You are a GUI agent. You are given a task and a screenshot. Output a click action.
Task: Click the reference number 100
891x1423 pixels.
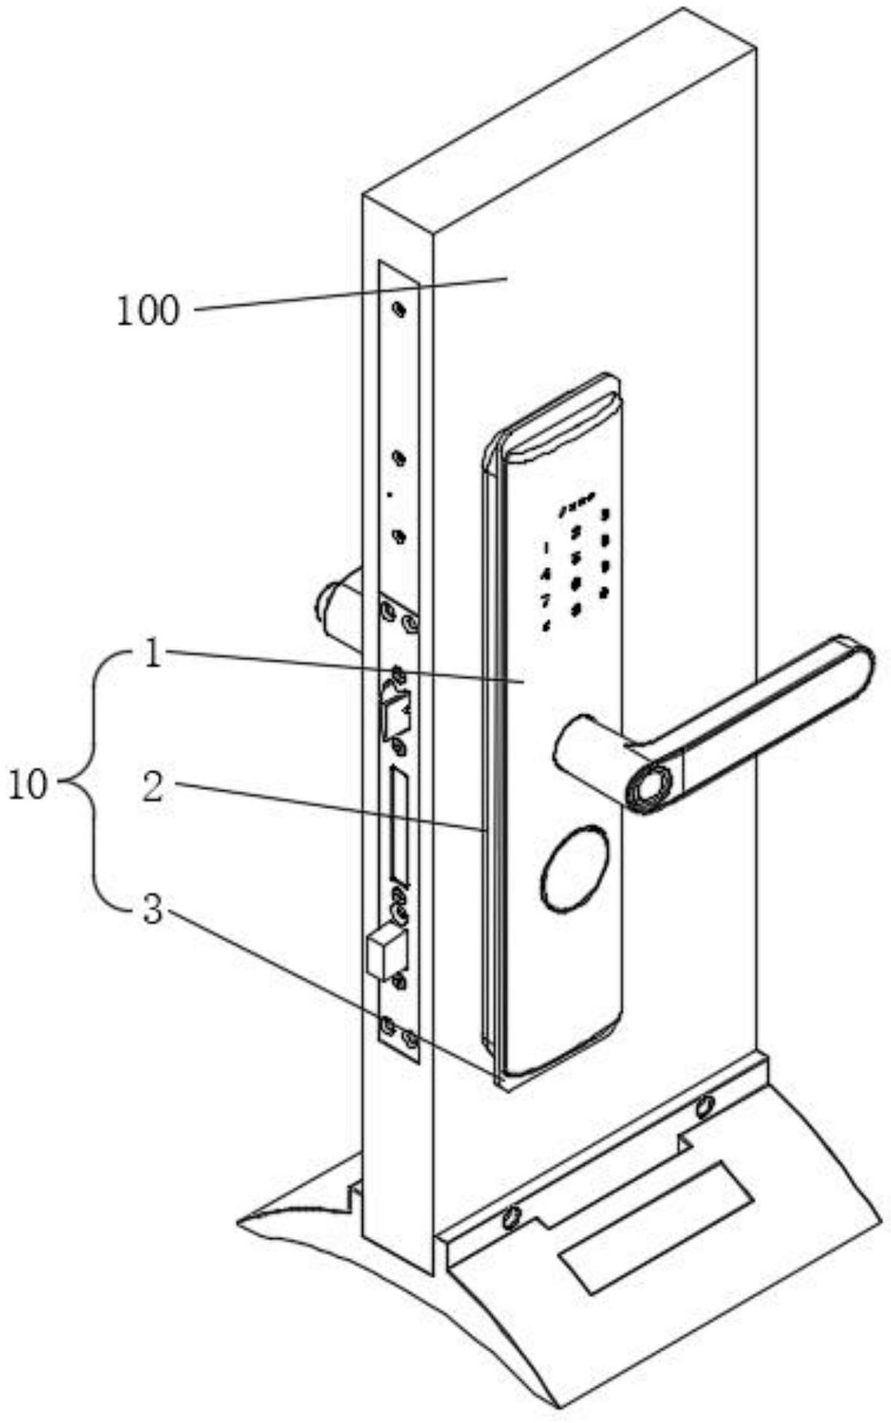(148, 311)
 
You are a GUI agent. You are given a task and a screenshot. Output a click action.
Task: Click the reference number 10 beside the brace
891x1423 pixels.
(29, 786)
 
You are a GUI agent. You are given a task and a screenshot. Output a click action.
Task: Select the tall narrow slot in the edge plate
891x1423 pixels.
(399, 826)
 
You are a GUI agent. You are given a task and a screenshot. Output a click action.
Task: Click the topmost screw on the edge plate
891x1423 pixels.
(399, 310)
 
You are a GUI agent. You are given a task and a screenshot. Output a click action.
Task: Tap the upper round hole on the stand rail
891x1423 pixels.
(705, 1107)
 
